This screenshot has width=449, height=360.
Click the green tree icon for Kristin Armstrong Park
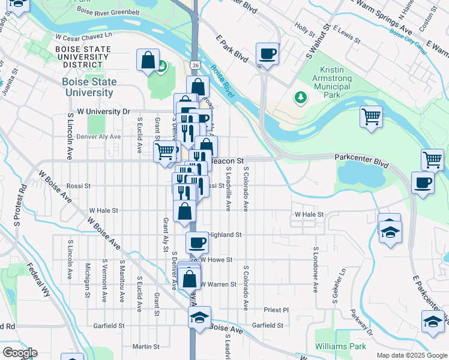click(300, 97)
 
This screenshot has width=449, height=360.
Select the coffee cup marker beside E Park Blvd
click(267, 55)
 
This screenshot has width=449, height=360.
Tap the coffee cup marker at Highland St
click(197, 243)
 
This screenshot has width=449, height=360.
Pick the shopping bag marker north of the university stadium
click(148, 61)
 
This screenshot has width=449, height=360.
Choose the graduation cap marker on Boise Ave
click(200, 317)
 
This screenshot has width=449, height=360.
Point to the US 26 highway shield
click(196, 63)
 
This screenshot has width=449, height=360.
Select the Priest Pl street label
click(276, 310)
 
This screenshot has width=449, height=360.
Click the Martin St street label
click(145, 346)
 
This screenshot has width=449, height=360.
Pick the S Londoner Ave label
click(315, 269)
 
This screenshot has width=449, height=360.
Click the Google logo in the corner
click(19, 353)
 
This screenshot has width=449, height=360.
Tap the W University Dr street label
click(98, 112)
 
